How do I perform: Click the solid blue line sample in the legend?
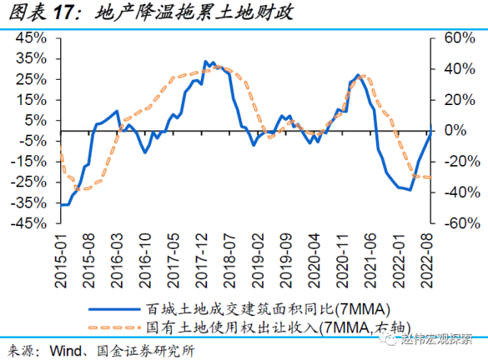coord(115,309)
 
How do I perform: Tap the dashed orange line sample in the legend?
coord(115,328)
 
